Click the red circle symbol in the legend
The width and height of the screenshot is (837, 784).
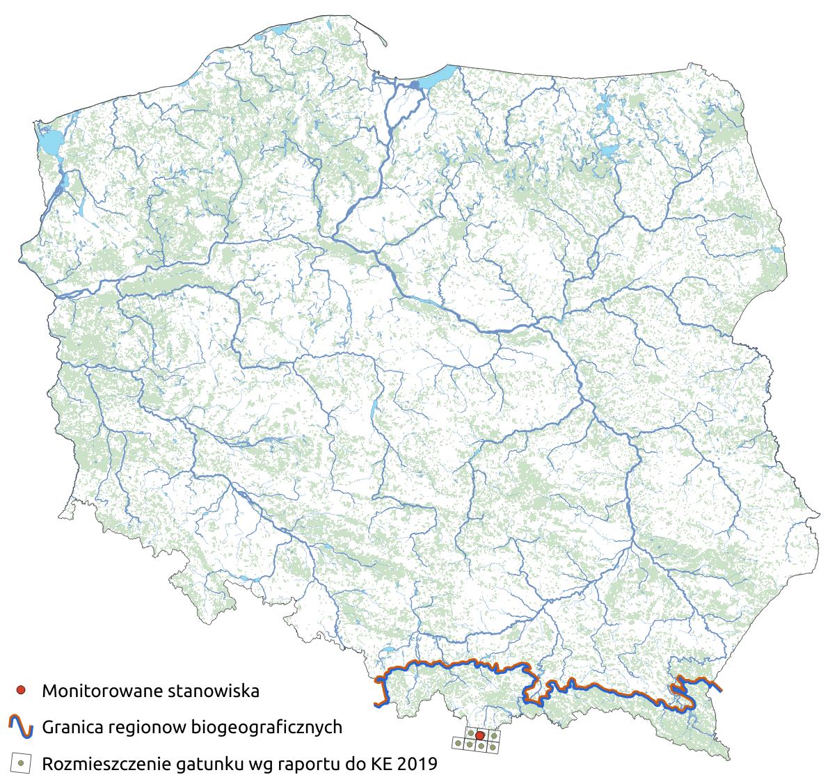[21, 690]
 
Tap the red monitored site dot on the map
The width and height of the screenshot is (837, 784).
[479, 735]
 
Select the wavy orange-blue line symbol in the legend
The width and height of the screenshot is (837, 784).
[21, 727]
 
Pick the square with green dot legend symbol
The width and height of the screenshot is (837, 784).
[21, 764]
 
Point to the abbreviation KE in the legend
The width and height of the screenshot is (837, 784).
[381, 765]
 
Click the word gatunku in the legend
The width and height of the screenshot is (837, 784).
[215, 765]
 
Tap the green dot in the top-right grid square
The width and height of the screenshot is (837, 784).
[493, 735]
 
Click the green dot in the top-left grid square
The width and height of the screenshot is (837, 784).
[470, 733]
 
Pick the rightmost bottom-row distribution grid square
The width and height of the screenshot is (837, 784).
[493, 746]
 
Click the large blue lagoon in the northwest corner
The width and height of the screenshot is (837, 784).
[48, 143]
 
